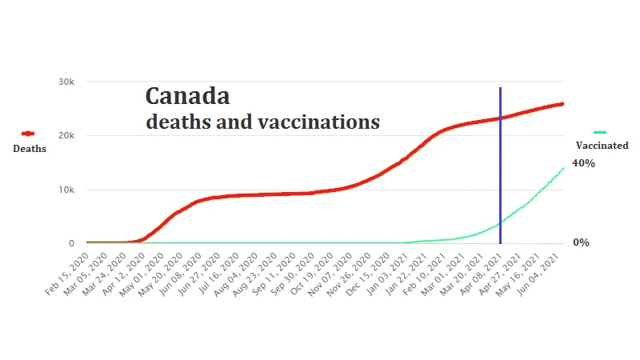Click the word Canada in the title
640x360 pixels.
tap(187, 97)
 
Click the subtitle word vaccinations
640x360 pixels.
tap(319, 122)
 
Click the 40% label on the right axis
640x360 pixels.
tap(583, 163)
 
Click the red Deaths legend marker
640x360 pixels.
tap(27, 134)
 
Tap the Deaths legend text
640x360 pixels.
tap(29, 148)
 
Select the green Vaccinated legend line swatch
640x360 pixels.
tap(600, 132)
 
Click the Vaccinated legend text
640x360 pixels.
tap(602, 146)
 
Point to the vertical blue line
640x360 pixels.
tap(501, 160)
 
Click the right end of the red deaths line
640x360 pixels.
tap(563, 103)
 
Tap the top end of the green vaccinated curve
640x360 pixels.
tap(564, 167)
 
